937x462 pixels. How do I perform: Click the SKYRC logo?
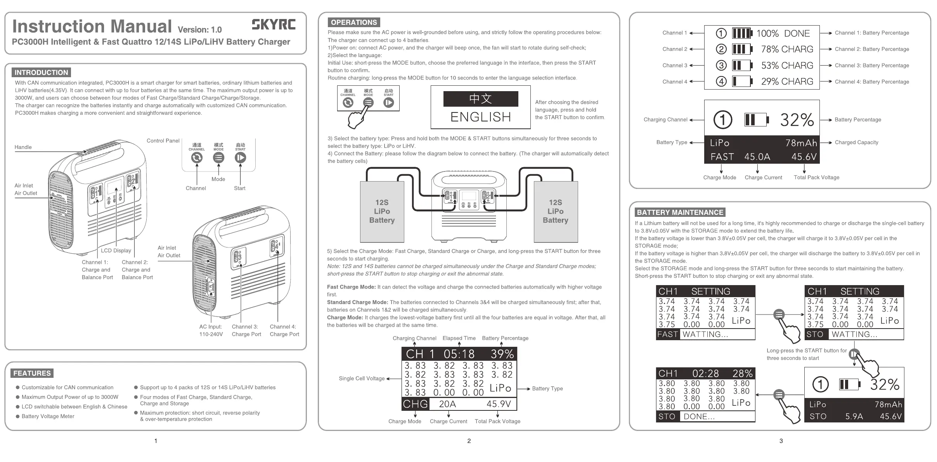[x=274, y=24]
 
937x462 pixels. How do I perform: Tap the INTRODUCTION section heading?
[x=41, y=73]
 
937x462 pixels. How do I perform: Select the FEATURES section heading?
[x=32, y=373]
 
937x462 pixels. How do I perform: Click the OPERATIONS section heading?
[x=354, y=22]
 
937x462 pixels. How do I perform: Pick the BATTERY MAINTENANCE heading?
[x=680, y=213]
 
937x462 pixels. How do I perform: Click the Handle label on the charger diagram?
[x=23, y=147]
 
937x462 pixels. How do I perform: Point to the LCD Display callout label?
[x=116, y=251]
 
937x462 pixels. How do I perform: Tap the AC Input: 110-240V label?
[x=211, y=330]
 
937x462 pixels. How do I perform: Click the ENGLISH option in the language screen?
[x=480, y=117]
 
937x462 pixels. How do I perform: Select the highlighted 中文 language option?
[x=480, y=99]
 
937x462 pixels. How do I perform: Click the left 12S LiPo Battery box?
[x=382, y=211]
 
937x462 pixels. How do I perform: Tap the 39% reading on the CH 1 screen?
[x=502, y=354]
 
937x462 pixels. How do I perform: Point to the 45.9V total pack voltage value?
[x=499, y=404]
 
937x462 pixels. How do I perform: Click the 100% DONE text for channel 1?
[x=783, y=33]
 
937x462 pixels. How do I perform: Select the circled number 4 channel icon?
[x=721, y=81]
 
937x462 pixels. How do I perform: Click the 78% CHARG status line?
[x=787, y=49]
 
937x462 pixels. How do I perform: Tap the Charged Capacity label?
[x=856, y=142]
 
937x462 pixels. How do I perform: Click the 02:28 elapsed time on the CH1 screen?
[x=705, y=374]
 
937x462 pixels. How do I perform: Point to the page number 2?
[x=469, y=441]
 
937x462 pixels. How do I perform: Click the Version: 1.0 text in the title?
[x=199, y=30]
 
